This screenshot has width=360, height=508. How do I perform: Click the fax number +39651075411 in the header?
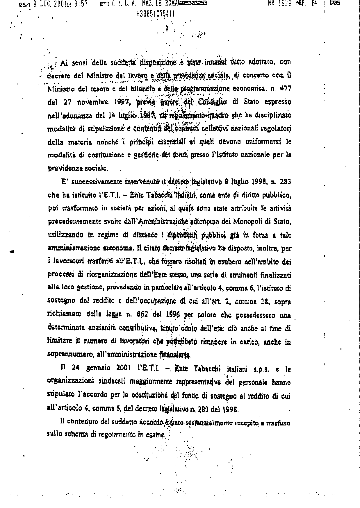pos(155,14)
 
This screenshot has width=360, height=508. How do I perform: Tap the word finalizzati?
pos(275,275)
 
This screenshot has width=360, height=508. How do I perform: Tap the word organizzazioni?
pos(67,381)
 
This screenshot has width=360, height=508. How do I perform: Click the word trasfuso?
pos(279,423)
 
